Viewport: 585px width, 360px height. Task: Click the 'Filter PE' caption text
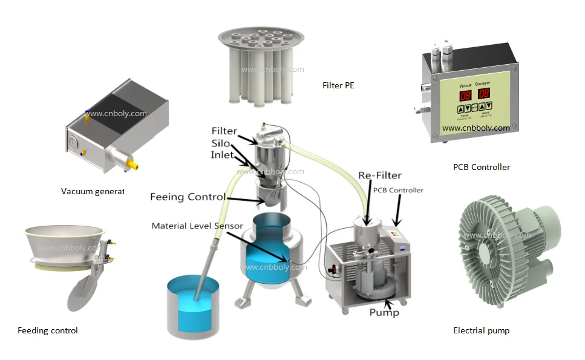point(338,86)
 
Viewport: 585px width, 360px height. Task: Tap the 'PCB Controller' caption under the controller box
point(481,167)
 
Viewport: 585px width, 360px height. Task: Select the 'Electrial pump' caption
point(481,330)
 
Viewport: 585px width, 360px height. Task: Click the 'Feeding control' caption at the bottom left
point(47,330)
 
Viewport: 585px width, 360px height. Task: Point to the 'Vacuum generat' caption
point(92,192)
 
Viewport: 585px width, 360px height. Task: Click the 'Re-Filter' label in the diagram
point(379,175)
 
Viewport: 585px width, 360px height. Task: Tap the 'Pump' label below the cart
point(384,312)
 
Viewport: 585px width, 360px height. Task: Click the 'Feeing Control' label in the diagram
point(188,197)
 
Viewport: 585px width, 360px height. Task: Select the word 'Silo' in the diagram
point(220,143)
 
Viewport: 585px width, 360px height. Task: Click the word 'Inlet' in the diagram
point(222,155)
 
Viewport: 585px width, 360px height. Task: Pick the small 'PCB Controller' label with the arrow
point(398,190)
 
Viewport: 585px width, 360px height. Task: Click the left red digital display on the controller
point(465,95)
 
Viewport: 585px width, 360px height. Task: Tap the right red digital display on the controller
point(484,94)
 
